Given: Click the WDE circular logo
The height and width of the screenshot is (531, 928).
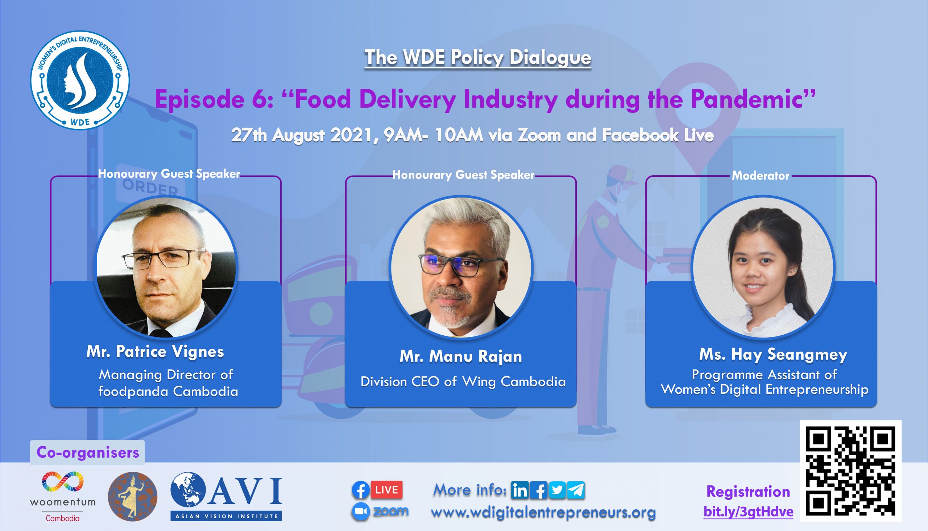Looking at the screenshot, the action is (x=80, y=80).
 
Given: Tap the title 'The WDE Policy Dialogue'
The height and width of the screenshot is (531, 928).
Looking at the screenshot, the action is (x=478, y=58).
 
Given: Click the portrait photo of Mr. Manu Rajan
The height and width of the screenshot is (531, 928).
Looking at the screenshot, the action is (x=461, y=267).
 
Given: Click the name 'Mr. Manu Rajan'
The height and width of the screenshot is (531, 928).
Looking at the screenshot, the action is (x=461, y=357).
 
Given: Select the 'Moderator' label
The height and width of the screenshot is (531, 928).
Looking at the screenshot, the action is (x=761, y=176).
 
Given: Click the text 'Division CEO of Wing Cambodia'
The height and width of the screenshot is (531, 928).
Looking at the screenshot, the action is (x=463, y=382).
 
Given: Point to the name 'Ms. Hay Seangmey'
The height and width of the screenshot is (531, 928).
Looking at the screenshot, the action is (x=773, y=355).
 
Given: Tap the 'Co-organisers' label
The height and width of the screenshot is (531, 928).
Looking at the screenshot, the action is (x=88, y=453).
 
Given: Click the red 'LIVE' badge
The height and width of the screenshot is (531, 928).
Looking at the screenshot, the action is (x=386, y=490).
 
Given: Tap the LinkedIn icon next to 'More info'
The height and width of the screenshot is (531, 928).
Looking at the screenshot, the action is (x=520, y=490).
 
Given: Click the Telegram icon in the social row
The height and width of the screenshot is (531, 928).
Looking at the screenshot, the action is (x=576, y=490).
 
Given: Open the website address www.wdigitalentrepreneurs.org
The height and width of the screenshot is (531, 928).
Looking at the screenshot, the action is (x=543, y=512).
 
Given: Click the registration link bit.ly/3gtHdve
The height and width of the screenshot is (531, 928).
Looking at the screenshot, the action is (x=749, y=512).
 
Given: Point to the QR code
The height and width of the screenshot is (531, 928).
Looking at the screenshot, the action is (x=850, y=471).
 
